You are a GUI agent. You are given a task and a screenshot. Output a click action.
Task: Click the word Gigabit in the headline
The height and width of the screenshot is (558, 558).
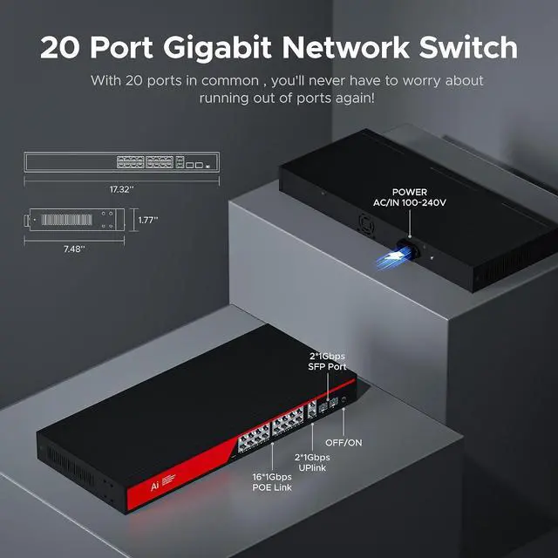[229, 47]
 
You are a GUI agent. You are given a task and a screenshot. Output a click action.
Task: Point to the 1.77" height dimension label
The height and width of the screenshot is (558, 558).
[147, 221]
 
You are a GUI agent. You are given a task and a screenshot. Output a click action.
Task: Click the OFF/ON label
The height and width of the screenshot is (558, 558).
[344, 443]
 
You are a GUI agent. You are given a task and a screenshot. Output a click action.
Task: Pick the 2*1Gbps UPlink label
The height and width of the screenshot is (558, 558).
[311, 463]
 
